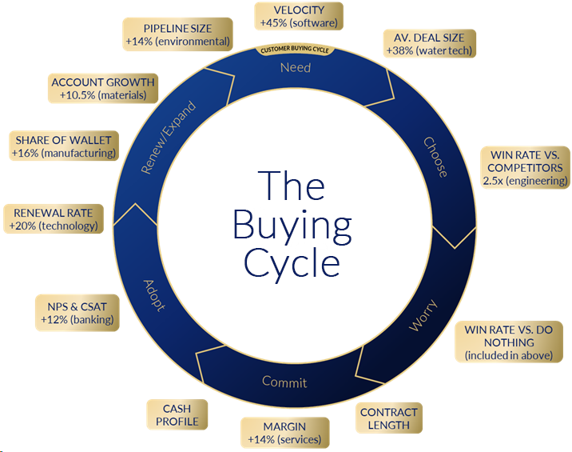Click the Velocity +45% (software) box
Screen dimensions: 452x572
(x=298, y=16)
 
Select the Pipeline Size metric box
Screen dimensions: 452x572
(x=177, y=33)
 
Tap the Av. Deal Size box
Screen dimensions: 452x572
(x=429, y=44)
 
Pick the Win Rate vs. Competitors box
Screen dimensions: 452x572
(x=525, y=168)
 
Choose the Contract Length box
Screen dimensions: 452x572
(x=389, y=418)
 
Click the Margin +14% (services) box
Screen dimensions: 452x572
(x=284, y=432)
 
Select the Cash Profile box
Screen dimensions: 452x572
(x=177, y=414)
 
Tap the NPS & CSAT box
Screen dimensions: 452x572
(x=77, y=311)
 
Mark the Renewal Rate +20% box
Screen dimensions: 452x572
(x=54, y=219)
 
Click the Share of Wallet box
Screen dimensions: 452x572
(x=64, y=146)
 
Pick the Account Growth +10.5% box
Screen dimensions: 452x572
(x=102, y=88)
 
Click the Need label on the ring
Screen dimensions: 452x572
(x=295, y=68)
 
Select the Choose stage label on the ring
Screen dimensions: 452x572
(x=435, y=157)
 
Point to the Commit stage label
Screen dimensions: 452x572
(x=284, y=382)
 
